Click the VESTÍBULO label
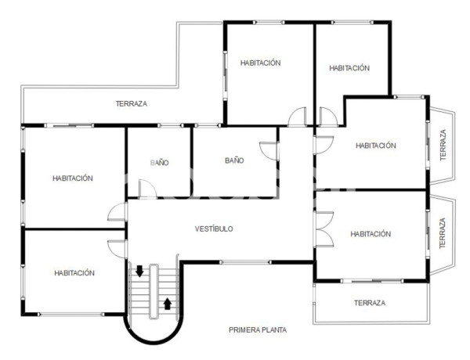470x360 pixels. [x=214, y=229]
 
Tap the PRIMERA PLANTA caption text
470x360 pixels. [x=258, y=330]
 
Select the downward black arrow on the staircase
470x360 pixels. [x=139, y=272]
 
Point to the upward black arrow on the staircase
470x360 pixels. [x=168, y=302]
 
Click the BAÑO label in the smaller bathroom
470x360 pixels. [x=159, y=163]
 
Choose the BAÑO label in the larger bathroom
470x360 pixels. [x=234, y=160]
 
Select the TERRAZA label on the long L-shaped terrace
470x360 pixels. [x=131, y=103]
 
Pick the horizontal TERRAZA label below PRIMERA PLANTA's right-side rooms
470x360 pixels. [x=369, y=303]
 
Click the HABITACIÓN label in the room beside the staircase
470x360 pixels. [x=74, y=273]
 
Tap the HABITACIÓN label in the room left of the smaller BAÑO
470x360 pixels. [x=73, y=178]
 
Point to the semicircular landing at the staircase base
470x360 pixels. [x=154, y=329]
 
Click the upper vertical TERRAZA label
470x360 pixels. [x=443, y=145]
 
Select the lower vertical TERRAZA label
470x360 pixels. [x=443, y=232]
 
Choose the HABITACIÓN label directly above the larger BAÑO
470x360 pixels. [x=261, y=63]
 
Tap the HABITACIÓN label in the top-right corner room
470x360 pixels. [x=349, y=68]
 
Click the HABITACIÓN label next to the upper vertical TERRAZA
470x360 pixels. [x=375, y=145]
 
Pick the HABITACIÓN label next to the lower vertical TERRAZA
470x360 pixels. [x=371, y=233]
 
